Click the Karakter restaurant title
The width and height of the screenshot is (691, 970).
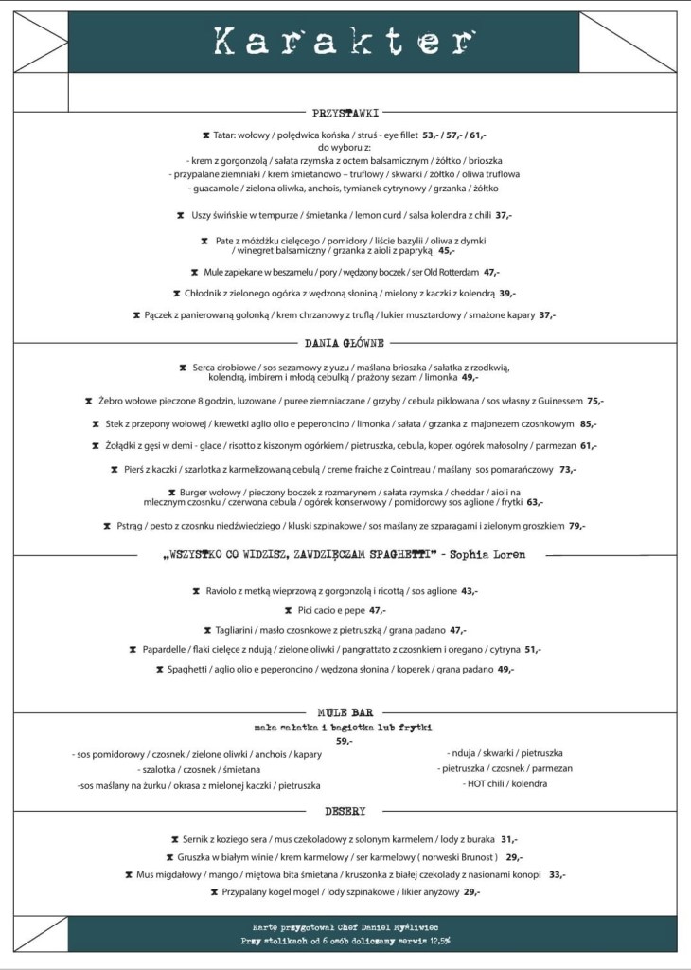point(344,41)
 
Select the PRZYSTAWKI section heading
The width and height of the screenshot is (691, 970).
point(345,113)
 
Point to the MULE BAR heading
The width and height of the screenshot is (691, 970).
point(345,711)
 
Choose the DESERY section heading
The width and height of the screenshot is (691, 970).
point(345,812)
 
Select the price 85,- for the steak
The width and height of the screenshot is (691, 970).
point(588,423)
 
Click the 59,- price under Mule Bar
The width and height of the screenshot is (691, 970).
point(344,741)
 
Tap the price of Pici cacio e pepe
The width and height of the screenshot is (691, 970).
point(379,610)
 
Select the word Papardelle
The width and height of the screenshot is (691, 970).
point(168,649)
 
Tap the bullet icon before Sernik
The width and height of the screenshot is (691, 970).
point(175,839)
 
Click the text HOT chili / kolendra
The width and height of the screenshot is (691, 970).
point(506,784)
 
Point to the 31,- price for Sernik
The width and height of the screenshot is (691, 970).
point(508,839)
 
